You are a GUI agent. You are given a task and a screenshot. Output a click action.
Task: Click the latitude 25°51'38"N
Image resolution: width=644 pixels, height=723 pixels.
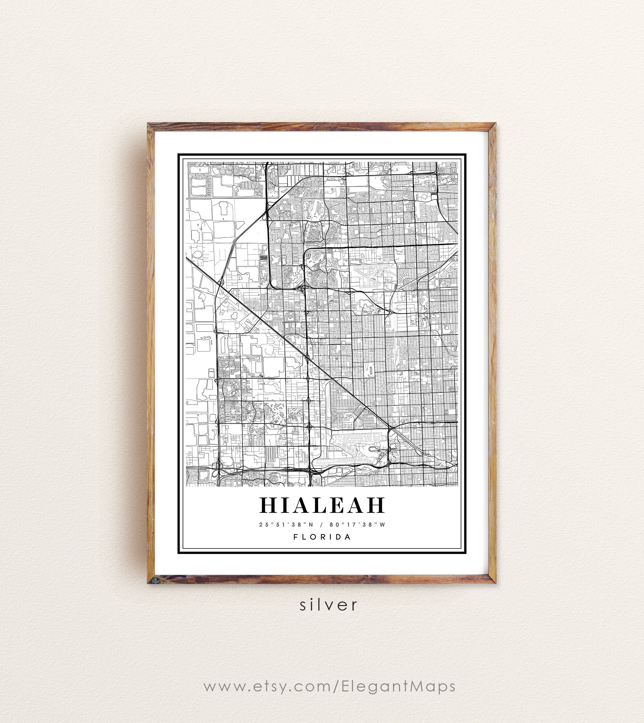[286, 525]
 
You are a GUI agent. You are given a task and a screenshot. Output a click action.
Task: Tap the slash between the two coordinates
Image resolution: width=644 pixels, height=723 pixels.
[321, 525]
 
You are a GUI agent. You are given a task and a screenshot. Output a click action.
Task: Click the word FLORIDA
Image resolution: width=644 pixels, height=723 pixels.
[322, 537]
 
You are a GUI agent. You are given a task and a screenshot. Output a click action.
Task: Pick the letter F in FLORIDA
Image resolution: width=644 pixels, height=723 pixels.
[296, 537]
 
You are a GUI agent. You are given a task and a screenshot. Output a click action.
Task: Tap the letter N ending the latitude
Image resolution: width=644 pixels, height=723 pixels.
[311, 525]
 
